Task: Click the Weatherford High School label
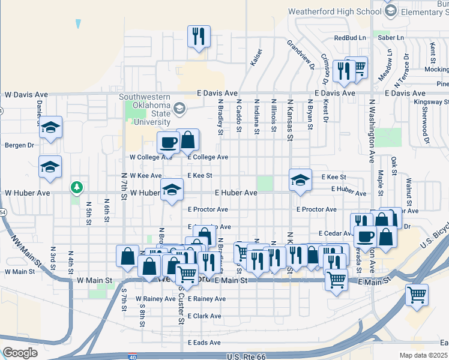(x=334, y=11)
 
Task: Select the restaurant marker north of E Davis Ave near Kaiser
(x=198, y=36)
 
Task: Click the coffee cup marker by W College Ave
(x=167, y=143)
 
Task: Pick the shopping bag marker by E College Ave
(x=188, y=140)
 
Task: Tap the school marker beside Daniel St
(x=51, y=127)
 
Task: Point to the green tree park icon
(x=76, y=188)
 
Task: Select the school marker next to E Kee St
(x=300, y=179)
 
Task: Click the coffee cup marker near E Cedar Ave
(x=365, y=236)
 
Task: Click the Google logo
(x=20, y=352)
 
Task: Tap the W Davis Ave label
(x=26, y=95)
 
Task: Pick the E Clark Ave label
(x=204, y=316)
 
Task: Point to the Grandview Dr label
(x=300, y=55)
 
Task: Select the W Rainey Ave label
(x=155, y=298)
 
